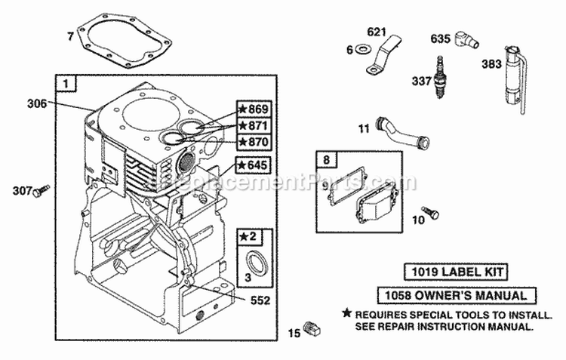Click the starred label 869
click(254, 109)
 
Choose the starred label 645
click(254, 165)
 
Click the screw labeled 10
click(431, 213)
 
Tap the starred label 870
click(254, 141)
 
